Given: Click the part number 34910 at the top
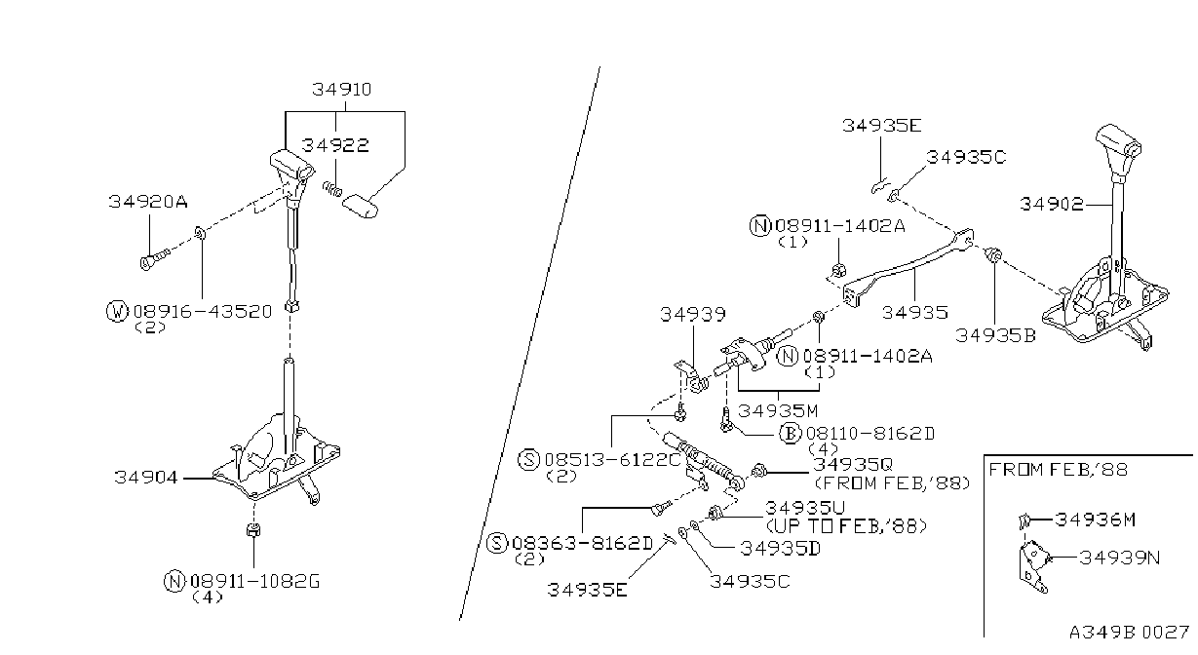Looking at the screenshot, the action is (x=342, y=90).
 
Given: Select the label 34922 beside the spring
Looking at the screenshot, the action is (x=335, y=145).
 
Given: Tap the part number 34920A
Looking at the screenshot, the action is (x=148, y=202).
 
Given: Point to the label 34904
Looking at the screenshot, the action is (x=145, y=477).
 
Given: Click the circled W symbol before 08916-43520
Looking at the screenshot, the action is (x=117, y=311).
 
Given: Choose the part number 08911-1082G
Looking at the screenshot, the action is (x=255, y=581).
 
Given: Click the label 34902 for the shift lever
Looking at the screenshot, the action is (x=1052, y=204).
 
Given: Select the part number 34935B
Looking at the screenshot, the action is (x=995, y=335).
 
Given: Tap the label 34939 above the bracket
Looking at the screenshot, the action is (x=693, y=315).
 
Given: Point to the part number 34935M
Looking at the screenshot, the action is (x=778, y=410).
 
